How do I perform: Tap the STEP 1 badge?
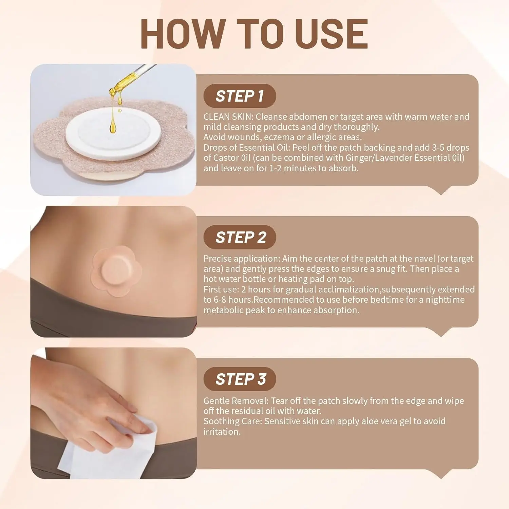click(240, 96)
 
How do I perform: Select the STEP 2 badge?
click(240, 237)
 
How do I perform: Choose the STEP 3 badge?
click(240, 379)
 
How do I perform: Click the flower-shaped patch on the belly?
click(116, 271)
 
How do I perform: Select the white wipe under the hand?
click(102, 448)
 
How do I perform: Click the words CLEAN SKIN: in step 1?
click(228, 117)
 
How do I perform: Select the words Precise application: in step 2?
click(242, 259)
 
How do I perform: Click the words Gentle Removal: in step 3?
click(236, 401)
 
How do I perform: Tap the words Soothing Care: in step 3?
click(233, 421)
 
